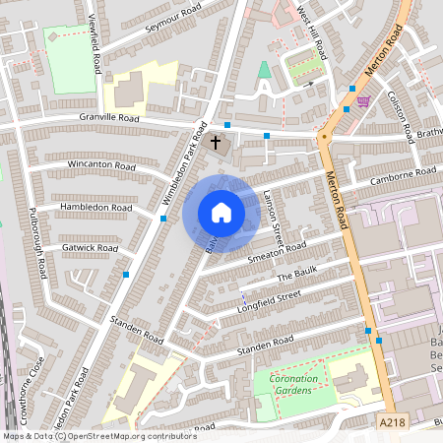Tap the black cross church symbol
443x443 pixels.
217,143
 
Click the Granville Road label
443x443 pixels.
109,119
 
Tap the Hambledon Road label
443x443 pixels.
95,209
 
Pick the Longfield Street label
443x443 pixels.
268,301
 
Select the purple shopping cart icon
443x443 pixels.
364,101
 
